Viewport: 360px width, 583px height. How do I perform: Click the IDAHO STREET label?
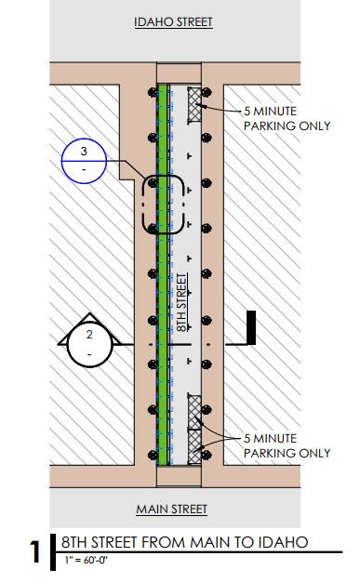tap(173, 22)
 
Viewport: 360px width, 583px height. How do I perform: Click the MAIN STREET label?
tap(171, 509)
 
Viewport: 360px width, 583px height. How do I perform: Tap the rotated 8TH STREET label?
tap(181, 302)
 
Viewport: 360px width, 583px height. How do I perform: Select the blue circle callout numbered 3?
tap(84, 161)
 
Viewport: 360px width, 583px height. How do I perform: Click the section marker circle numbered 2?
tap(89, 345)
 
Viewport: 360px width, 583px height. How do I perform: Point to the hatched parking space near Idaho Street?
tap(194, 105)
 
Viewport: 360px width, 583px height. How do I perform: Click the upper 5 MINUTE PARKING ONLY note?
tap(287, 118)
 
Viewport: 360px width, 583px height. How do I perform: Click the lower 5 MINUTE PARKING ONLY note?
tap(287, 445)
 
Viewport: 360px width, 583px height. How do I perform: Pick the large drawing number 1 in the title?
tap(35, 551)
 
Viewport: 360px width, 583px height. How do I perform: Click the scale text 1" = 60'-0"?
tap(86, 560)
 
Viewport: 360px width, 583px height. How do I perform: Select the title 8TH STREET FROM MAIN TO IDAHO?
tap(184, 542)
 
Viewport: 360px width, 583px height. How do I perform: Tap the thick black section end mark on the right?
tap(251, 327)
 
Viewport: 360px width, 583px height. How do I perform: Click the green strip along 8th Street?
tap(162, 275)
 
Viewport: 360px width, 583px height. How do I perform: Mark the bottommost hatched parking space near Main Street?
tap(194, 446)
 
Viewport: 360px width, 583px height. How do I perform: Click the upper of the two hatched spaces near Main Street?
tap(194, 412)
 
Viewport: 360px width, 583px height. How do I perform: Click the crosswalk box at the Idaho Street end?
tap(179, 73)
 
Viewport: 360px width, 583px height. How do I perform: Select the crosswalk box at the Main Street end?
tap(179, 476)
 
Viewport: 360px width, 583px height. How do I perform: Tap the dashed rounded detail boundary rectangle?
tap(143, 205)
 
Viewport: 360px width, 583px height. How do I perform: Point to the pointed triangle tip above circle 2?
tap(89, 313)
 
